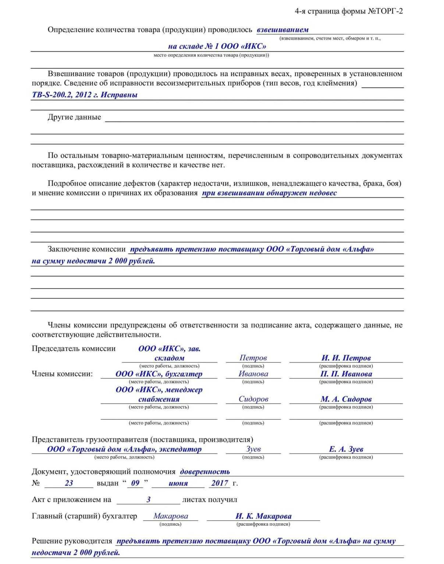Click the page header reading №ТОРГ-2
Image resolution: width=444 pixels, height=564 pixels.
click(385, 11)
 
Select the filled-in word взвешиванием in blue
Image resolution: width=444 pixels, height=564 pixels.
click(283, 30)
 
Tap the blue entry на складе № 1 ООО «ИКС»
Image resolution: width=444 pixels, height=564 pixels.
click(217, 46)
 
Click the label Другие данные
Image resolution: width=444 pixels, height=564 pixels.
click(74, 117)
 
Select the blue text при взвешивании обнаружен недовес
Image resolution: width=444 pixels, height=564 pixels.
click(269, 193)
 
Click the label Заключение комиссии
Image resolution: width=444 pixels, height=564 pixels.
click(87, 249)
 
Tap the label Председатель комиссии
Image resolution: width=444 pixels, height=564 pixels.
click(74, 349)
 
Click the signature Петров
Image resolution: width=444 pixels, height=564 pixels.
click(253, 358)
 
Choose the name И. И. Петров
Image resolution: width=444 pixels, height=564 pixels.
click(346, 358)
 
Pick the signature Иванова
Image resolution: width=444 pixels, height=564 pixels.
click(253, 374)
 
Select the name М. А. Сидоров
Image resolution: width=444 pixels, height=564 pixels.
click(346, 399)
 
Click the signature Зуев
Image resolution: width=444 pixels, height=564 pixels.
click(253, 449)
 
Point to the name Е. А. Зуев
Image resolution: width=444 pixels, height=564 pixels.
click(346, 449)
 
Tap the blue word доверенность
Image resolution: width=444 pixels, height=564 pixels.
click(205, 472)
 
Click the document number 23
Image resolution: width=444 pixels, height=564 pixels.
click(69, 483)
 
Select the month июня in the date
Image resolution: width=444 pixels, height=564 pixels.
click(178, 483)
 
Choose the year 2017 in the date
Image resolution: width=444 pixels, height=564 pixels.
click(220, 483)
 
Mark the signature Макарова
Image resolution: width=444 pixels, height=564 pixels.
click(171, 516)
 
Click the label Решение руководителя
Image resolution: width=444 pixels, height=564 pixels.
click(72, 541)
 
